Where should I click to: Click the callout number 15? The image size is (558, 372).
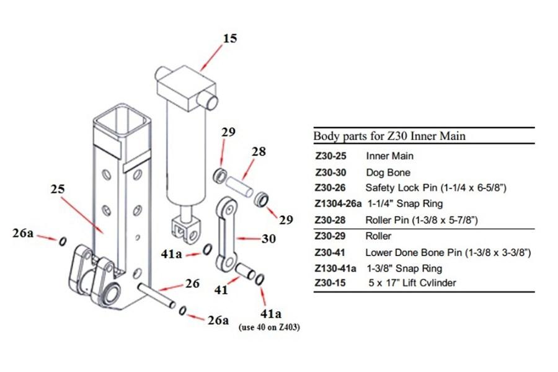(230, 38)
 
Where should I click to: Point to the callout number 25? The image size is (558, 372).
(58, 187)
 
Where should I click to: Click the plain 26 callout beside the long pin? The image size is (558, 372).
(193, 283)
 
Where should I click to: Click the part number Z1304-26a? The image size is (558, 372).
(338, 203)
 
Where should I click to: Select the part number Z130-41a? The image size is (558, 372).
(335, 268)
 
